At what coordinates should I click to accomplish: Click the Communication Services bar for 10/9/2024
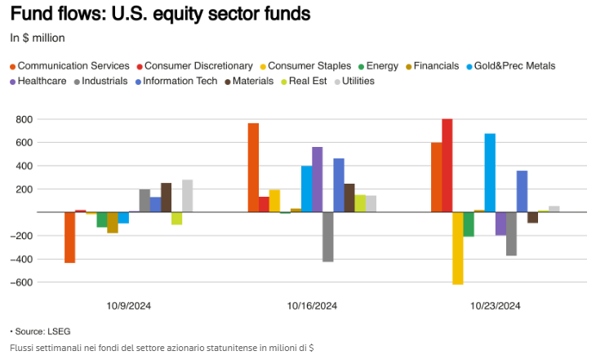click(70, 238)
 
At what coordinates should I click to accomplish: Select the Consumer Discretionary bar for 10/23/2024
click(447, 166)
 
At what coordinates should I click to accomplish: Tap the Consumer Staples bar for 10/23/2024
click(457, 248)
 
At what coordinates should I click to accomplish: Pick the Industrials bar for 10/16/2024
click(328, 237)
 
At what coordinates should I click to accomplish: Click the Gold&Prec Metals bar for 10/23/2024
click(490, 173)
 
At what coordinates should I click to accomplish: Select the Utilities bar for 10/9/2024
click(188, 196)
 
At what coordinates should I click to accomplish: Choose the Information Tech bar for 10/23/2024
click(522, 192)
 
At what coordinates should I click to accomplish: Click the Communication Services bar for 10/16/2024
click(254, 168)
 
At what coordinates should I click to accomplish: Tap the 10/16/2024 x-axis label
click(313, 306)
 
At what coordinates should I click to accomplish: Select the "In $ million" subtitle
click(38, 37)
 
